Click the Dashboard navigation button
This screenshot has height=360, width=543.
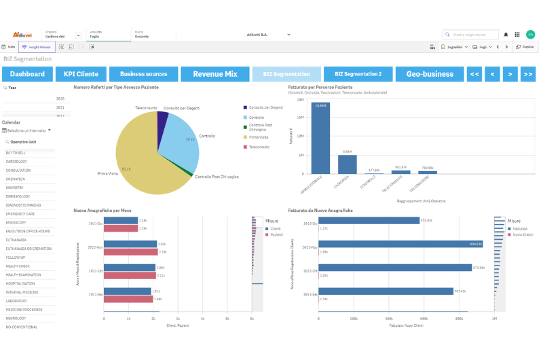pos(27,74)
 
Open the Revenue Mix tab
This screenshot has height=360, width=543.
pos(214,74)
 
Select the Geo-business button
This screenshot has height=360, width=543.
pos(429,74)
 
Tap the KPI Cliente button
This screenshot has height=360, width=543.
pos(81,74)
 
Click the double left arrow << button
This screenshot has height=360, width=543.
pos(474,74)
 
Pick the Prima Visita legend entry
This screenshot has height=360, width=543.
pos(258,137)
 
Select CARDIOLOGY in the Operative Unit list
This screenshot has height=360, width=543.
pos(17,162)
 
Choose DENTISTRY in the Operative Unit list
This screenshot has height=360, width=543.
pos(16,187)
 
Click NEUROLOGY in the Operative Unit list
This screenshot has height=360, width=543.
pos(16,318)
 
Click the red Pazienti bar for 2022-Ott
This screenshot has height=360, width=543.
pos(129,275)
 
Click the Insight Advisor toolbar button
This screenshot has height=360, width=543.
pos(37,47)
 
